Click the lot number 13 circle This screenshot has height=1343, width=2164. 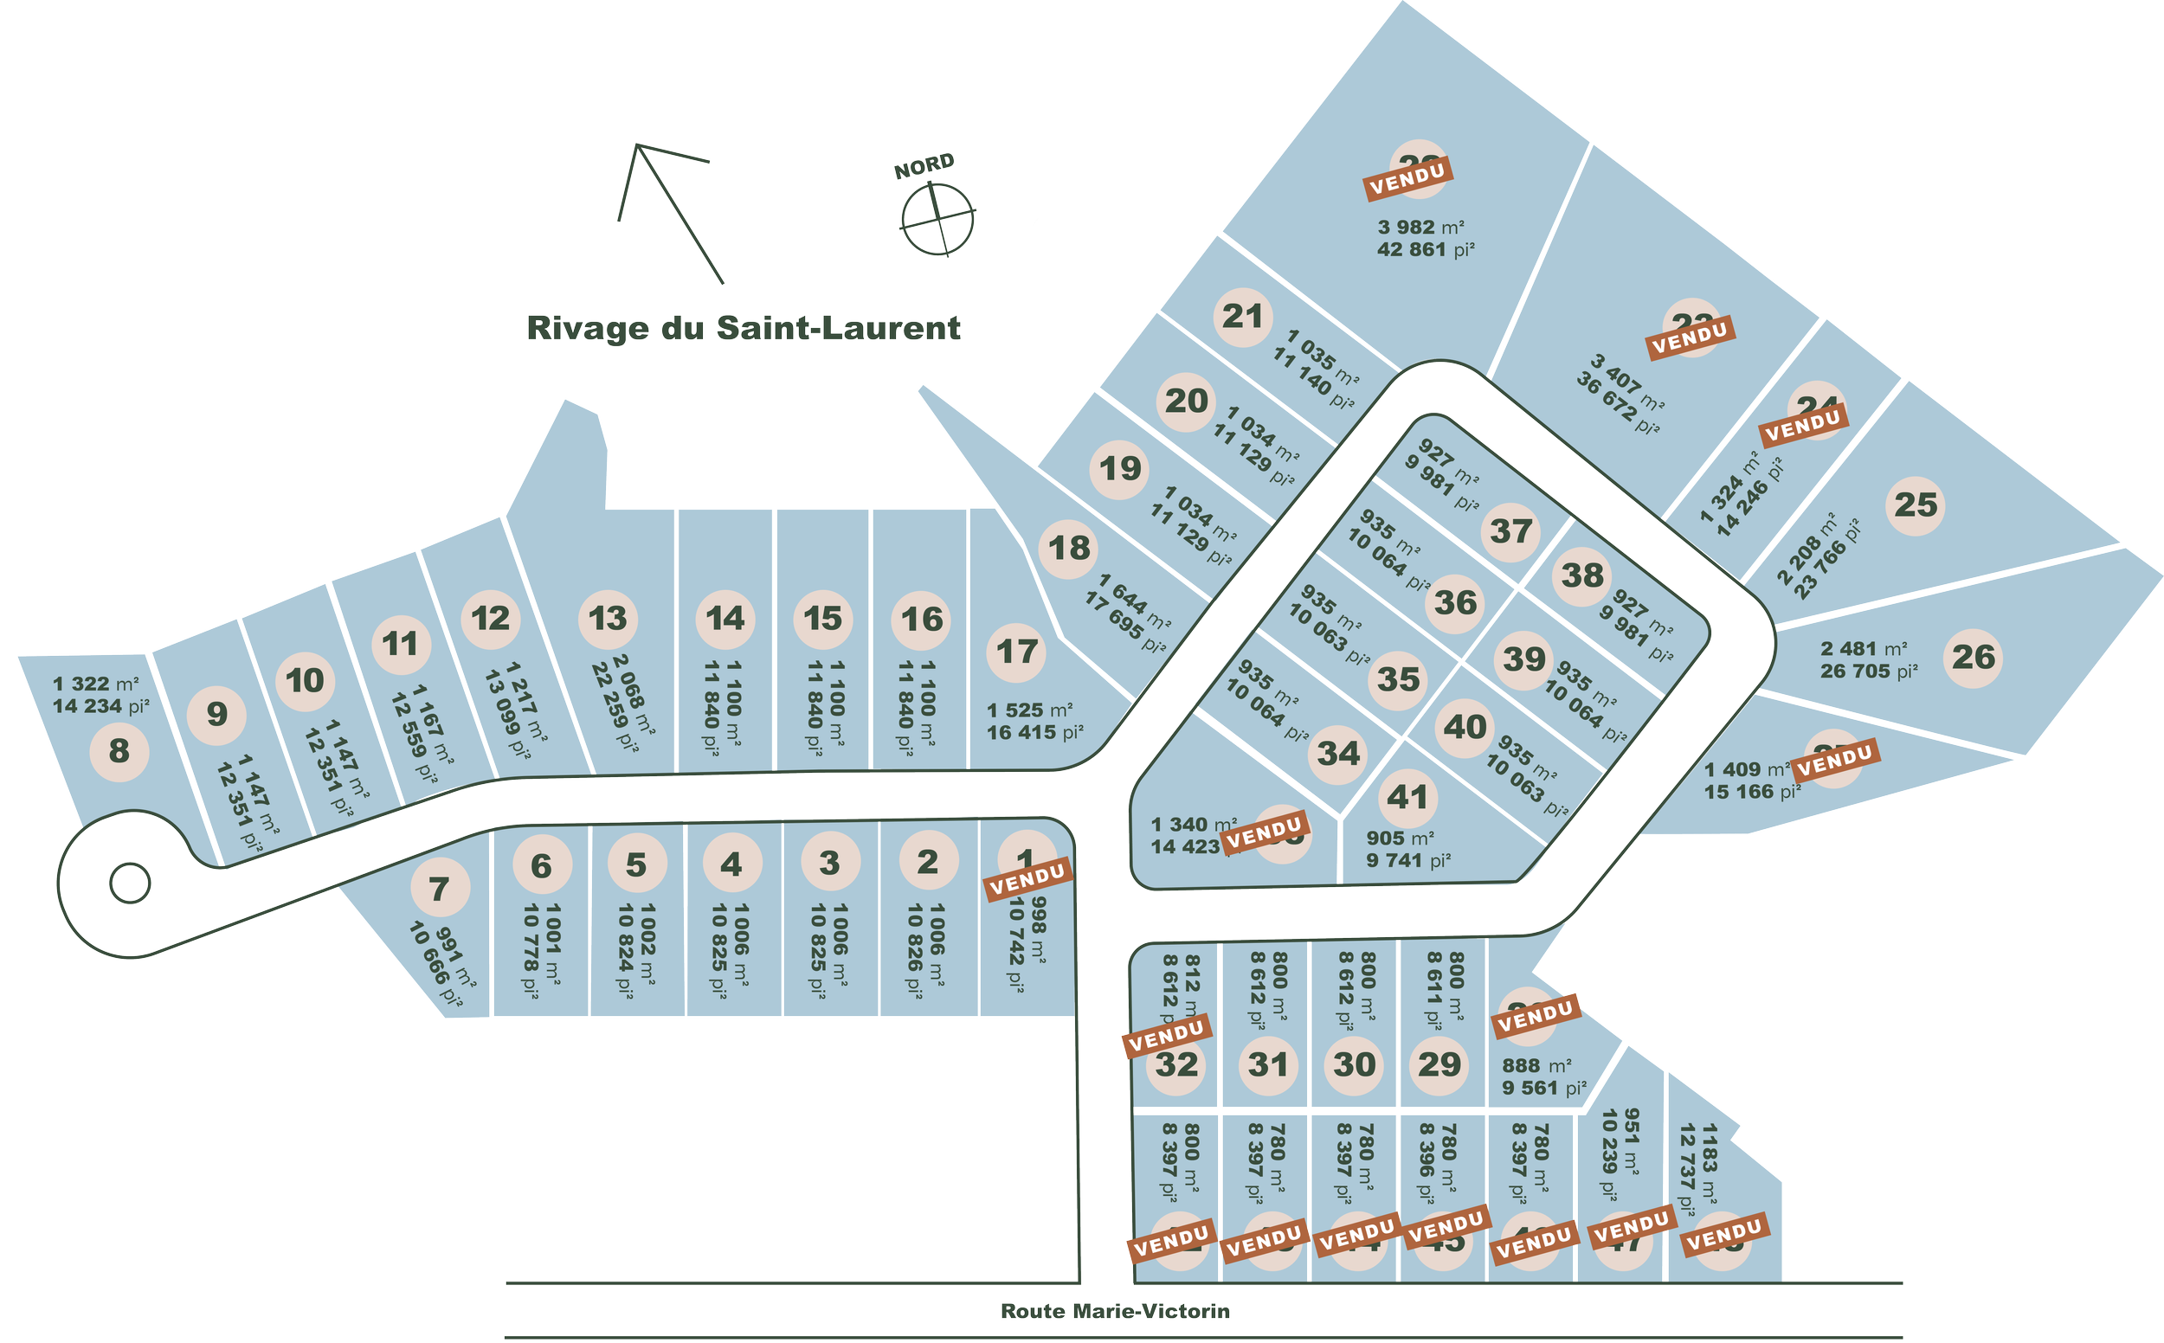point(608,619)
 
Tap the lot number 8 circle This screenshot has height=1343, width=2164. point(119,751)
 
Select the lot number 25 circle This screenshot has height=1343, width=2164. point(1916,506)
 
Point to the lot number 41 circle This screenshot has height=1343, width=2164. point(1407,798)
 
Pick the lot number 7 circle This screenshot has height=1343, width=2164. point(439,889)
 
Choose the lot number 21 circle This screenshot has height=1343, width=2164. point(1243,317)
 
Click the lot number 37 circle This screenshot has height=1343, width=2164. point(1511,532)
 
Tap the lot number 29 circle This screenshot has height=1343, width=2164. point(1439,1064)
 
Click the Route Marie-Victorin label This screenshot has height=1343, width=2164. point(1115,1311)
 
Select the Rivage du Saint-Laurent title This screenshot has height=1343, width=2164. point(744,328)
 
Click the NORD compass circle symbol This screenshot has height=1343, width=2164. point(937,216)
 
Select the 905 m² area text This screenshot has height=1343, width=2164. point(1400,839)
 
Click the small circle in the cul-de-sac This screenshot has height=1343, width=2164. point(130,883)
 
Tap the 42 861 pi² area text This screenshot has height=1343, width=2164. point(1425,250)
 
